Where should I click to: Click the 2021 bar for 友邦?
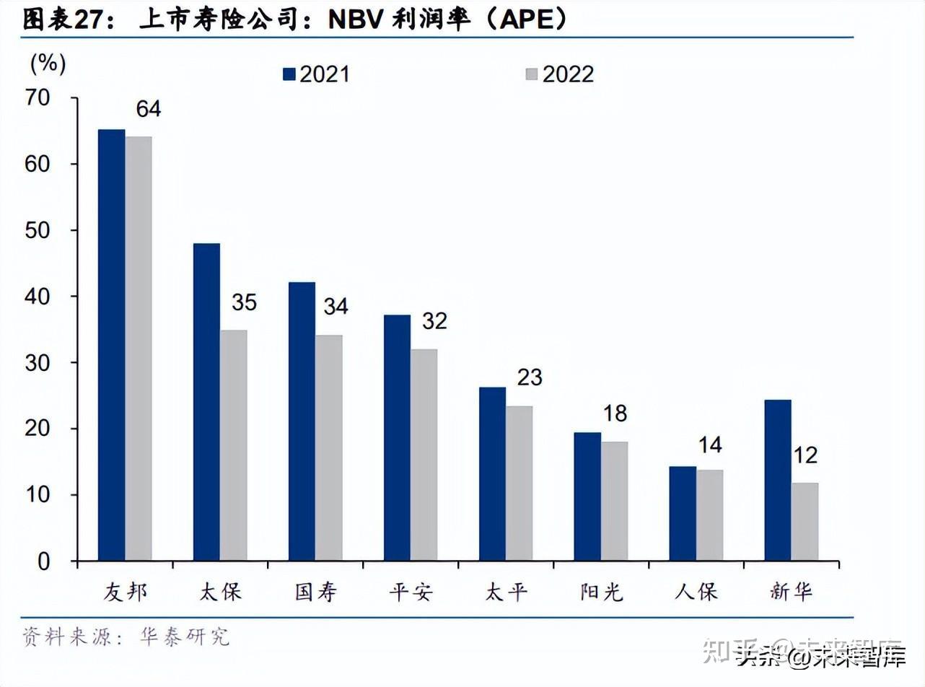click(112, 345)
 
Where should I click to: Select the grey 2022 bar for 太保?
click(233, 445)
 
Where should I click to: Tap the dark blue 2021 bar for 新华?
click(778, 480)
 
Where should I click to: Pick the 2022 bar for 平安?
click(424, 455)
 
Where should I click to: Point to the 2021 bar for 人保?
click(683, 513)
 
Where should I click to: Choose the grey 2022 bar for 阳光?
click(614, 501)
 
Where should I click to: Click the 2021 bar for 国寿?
click(302, 421)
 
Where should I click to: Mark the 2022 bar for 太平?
click(519, 483)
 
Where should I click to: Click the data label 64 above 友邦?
click(149, 109)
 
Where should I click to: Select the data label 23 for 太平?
click(530, 377)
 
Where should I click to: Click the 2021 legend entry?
click(316, 74)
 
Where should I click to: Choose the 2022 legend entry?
click(560, 74)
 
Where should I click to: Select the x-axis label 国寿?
click(315, 592)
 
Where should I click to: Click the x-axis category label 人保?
click(696, 592)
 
